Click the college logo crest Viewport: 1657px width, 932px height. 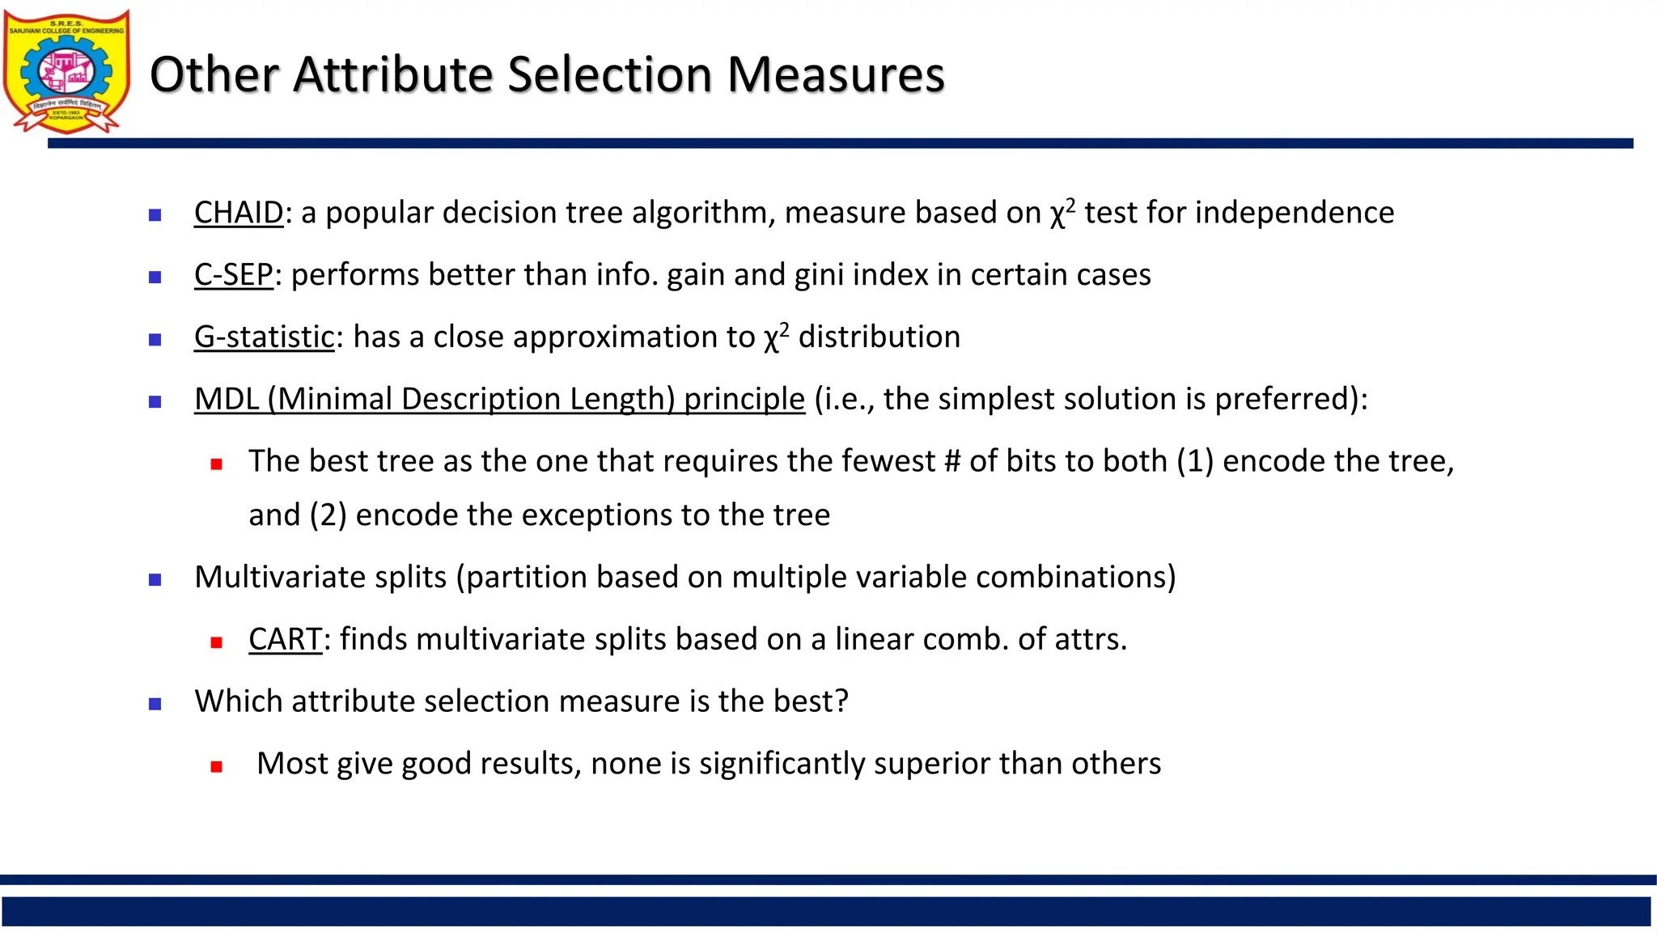[67, 71]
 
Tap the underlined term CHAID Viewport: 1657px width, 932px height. [239, 213]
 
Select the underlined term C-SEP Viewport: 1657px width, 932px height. [233, 275]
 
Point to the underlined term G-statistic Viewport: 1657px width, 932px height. [264, 337]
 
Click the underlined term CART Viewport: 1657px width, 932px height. [285, 639]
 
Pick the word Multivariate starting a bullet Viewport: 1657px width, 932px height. [320, 577]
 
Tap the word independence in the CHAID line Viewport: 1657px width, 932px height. [1295, 213]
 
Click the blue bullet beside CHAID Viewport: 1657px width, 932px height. [155, 215]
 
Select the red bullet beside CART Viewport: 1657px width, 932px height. [216, 642]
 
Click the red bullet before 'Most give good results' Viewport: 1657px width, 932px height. [216, 766]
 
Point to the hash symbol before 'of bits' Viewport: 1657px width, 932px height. [952, 461]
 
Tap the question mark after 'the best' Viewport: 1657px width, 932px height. [841, 701]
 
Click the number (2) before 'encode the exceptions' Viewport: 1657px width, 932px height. [328, 515]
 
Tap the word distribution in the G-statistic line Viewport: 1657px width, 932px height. [879, 337]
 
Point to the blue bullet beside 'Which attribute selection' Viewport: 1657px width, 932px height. [155, 704]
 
